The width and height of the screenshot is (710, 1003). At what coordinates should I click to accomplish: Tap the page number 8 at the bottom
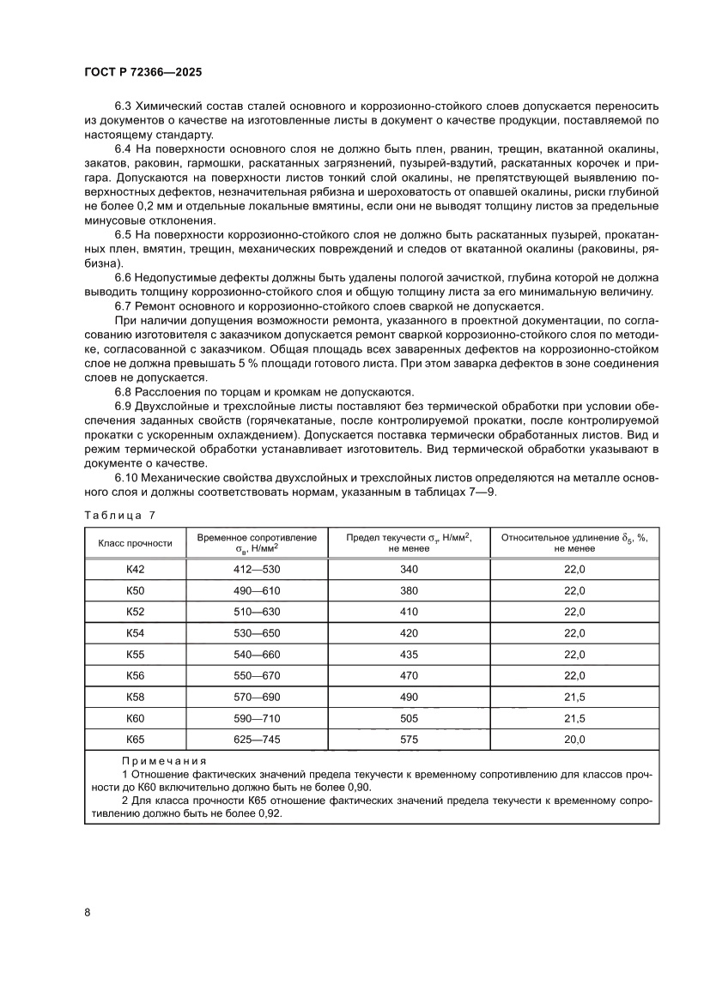tap(88, 911)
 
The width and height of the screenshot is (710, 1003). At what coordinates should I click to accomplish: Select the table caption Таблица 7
tap(120, 515)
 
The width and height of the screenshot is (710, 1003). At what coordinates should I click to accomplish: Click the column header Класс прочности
tap(136, 543)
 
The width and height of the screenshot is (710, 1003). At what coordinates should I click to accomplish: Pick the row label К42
tap(136, 570)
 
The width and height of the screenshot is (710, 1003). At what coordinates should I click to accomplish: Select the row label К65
tap(136, 739)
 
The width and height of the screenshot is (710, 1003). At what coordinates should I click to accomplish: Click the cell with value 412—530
tap(257, 570)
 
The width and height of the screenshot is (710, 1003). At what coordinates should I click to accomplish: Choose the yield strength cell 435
tap(410, 655)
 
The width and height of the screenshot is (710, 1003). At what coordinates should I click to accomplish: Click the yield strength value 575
tap(410, 739)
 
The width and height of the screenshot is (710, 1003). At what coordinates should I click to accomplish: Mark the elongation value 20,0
tap(574, 739)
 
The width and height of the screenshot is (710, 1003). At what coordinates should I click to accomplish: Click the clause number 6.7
tap(126, 306)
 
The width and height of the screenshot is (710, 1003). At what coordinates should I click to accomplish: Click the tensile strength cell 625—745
tap(257, 739)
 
